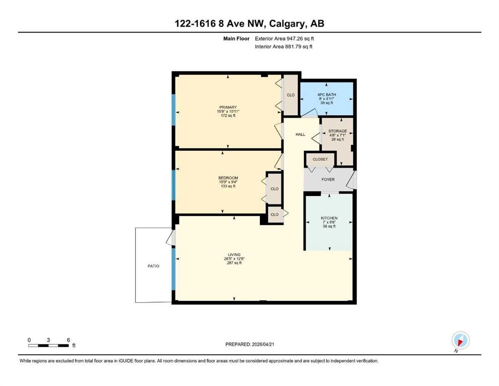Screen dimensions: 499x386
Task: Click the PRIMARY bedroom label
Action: [x=228, y=107]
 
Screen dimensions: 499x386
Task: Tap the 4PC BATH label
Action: [x=327, y=94]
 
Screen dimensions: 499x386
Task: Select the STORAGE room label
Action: [x=337, y=131]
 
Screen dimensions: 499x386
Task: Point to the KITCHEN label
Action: [x=329, y=218]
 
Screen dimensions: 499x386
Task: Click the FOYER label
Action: [x=328, y=179]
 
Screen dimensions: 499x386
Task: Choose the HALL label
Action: [x=300, y=134]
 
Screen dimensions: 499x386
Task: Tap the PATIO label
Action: [x=153, y=266]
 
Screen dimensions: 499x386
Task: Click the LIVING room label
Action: [x=234, y=255]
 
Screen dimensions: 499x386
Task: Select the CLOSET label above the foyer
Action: [x=320, y=159]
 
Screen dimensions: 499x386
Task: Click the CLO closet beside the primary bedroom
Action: [x=290, y=95]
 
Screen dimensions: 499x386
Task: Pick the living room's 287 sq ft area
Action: [x=234, y=263]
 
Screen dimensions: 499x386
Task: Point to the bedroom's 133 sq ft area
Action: [x=228, y=186]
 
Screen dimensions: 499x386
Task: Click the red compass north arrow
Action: [x=460, y=342]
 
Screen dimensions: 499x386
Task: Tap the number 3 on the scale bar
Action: [x=48, y=340]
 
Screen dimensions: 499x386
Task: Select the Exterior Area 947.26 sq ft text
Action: [x=284, y=39]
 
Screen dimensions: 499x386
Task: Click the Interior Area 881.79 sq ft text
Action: [x=283, y=46]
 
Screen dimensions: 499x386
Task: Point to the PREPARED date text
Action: [x=249, y=344]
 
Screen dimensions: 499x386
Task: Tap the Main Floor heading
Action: [x=236, y=39]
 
